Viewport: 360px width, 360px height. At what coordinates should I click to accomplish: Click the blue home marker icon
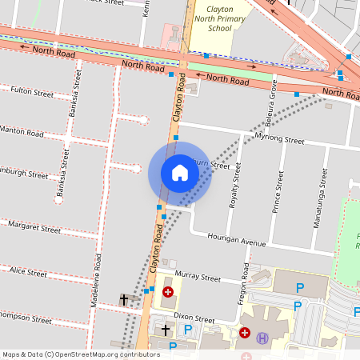pyautogui.click(x=180, y=173)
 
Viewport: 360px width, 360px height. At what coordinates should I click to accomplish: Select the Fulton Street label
pyautogui.click(x=32, y=93)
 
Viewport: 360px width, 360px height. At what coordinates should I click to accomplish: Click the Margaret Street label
pyautogui.click(x=34, y=229)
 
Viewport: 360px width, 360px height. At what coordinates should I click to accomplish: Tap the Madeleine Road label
pyautogui.click(x=94, y=281)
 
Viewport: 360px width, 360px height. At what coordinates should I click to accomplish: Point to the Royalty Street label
pyautogui.click(x=234, y=190)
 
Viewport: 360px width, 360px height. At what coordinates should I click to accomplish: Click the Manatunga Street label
pyautogui.click(x=324, y=194)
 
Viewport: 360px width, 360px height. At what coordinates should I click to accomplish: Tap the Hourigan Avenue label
pyautogui.click(x=235, y=239)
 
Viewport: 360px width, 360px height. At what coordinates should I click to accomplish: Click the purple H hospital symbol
pyautogui.click(x=262, y=338)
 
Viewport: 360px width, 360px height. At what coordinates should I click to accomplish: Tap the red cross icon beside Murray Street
pyautogui.click(x=168, y=292)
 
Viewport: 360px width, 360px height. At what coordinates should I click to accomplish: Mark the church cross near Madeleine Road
pyautogui.click(x=123, y=299)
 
